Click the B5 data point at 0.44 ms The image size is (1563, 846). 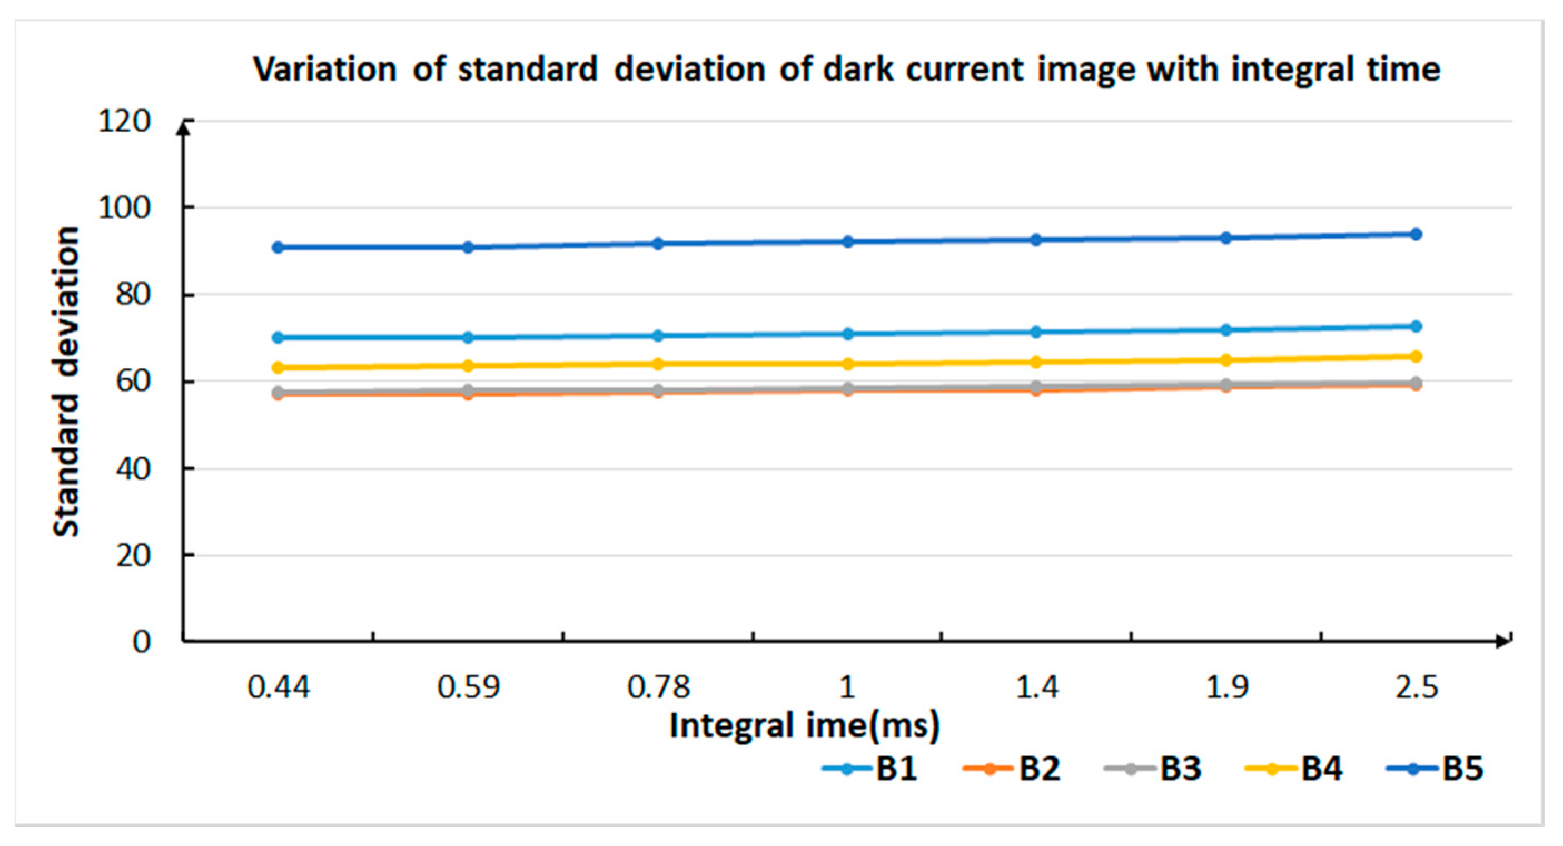[278, 247]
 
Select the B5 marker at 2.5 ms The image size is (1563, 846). [1416, 234]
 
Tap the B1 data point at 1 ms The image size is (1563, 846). [848, 334]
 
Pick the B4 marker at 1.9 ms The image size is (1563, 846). [1225, 360]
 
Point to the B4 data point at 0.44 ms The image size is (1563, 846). [278, 367]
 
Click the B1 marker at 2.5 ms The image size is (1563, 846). [1416, 326]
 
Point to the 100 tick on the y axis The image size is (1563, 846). [124, 208]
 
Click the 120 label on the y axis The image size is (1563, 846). [124, 121]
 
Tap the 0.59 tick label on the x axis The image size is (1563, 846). [468, 687]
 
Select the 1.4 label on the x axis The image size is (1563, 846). [1037, 687]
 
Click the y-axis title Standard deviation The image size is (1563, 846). [66, 381]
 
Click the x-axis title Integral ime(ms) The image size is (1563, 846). [804, 725]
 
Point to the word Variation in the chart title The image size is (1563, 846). [325, 69]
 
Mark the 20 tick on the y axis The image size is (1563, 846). [133, 555]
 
